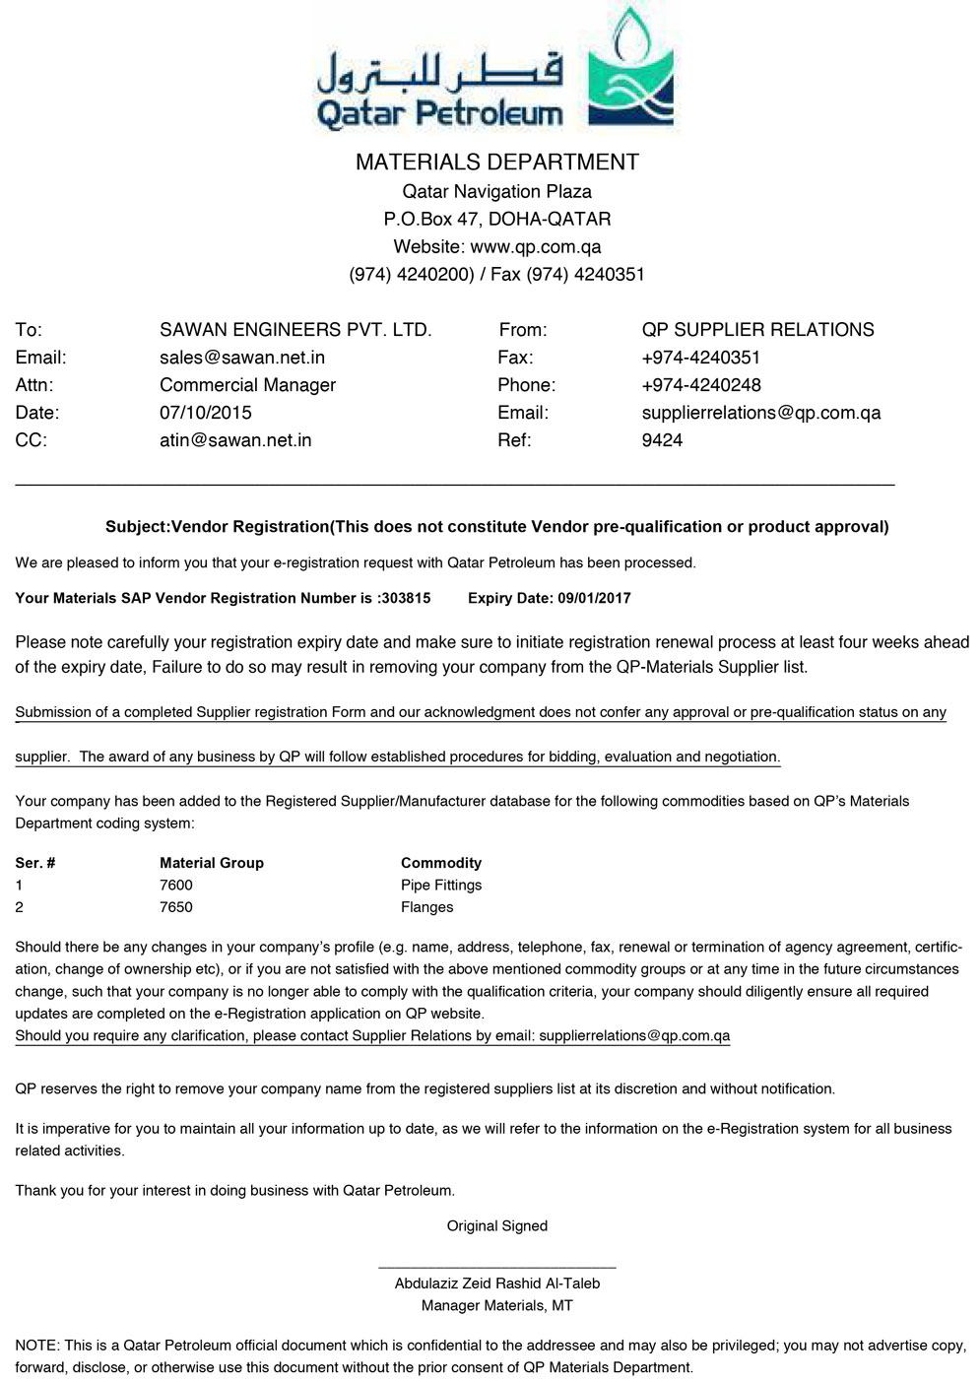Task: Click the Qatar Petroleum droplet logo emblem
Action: [630, 69]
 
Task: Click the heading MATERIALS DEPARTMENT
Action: [496, 163]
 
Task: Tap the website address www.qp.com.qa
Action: [535, 247]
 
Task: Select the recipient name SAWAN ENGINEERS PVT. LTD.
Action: [295, 330]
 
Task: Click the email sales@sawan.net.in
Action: [242, 358]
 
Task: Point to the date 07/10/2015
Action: [206, 413]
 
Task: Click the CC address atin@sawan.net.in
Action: [235, 440]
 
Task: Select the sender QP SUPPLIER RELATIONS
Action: [757, 330]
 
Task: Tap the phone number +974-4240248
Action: [700, 385]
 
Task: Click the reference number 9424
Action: [662, 440]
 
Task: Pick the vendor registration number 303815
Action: [406, 598]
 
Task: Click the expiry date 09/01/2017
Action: [594, 598]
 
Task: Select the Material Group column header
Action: [212, 863]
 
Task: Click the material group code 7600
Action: [176, 886]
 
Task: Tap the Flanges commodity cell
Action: [427, 907]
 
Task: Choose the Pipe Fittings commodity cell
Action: [441, 886]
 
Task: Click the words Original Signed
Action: [496, 1226]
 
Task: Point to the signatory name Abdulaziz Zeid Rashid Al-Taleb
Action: [496, 1283]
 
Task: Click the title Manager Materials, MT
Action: [496, 1306]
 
